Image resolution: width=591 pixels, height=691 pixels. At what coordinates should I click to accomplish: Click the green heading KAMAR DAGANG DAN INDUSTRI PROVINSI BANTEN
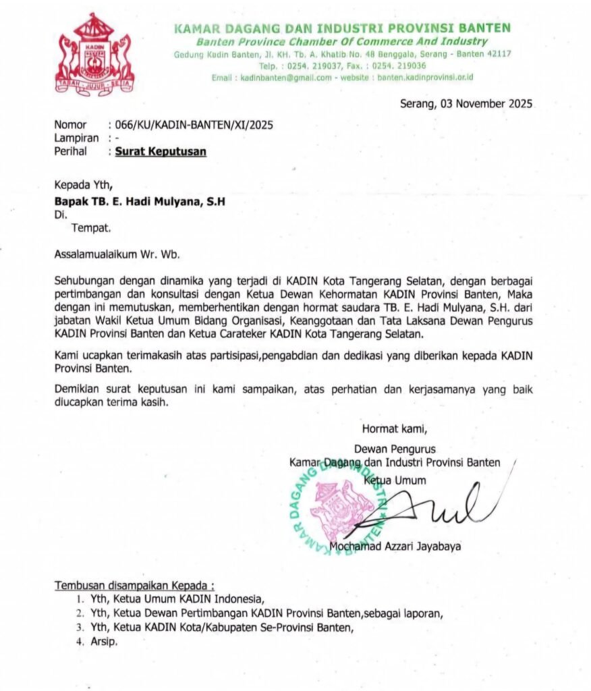coord(342,28)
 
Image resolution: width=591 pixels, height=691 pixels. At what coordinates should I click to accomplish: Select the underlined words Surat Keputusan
coord(161,152)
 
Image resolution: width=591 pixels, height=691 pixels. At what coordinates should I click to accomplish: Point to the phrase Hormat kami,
coord(395,428)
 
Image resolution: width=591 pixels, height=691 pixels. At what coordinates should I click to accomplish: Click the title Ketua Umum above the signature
coord(395,480)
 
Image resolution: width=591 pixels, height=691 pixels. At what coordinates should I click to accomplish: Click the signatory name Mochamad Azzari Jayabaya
coord(396,547)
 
